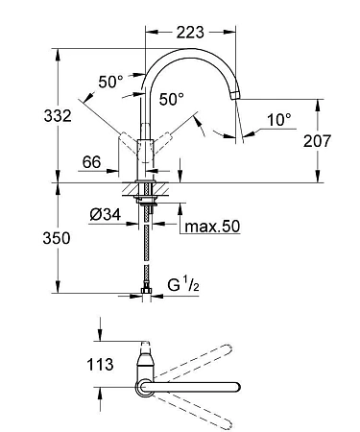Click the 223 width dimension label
[190, 32]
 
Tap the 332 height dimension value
[58, 115]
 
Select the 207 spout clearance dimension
[317, 141]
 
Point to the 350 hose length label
[57, 238]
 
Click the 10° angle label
[279, 120]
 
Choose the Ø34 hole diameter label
[106, 214]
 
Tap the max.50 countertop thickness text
[212, 227]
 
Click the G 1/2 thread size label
[183, 284]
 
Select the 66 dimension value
[91, 162]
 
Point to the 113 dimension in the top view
[100, 364]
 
